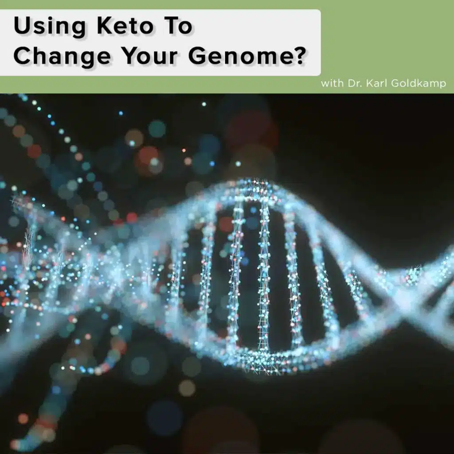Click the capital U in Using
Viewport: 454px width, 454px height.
pos(21,27)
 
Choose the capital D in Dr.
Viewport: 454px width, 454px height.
pos(350,83)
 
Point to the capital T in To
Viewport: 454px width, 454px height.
pos(173,27)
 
